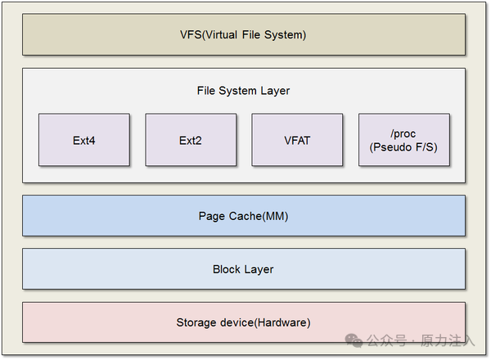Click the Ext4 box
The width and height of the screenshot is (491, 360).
coord(84,140)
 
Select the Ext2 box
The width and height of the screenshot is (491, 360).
coord(191,140)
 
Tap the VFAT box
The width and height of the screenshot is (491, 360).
coord(297,140)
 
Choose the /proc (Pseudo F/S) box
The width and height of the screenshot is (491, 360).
coord(404,140)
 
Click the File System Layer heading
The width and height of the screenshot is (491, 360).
coord(243,91)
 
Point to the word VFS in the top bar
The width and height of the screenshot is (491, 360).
coord(191,34)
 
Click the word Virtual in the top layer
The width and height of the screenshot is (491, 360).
coord(220,34)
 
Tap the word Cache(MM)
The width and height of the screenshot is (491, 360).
coord(259,216)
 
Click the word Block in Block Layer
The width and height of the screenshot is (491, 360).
coord(227,269)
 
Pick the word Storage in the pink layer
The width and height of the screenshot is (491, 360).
coord(196,322)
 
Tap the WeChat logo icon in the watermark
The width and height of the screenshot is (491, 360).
coord(354,340)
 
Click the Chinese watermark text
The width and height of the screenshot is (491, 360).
coord(421,340)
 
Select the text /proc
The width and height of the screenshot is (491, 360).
coord(403,133)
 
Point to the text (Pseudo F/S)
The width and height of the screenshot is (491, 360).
coord(403,147)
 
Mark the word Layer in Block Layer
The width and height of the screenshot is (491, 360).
coord(259,269)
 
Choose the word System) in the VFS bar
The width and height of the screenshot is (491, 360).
coord(286,34)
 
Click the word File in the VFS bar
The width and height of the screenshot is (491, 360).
coord(251,34)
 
